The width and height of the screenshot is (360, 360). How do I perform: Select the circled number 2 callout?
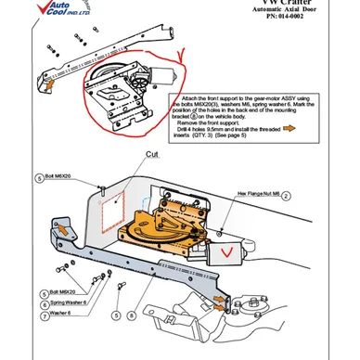point(287,196)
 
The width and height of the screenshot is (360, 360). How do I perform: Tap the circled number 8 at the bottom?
point(132,315)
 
